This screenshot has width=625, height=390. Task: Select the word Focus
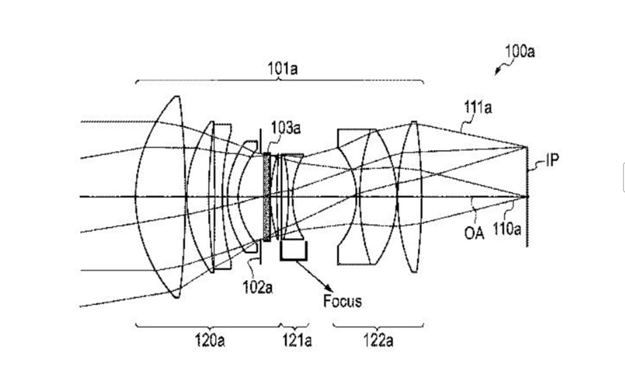342,301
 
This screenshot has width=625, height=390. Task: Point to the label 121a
295,340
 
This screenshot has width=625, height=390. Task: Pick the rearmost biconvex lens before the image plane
411,196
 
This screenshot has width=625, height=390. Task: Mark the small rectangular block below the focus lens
294,251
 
